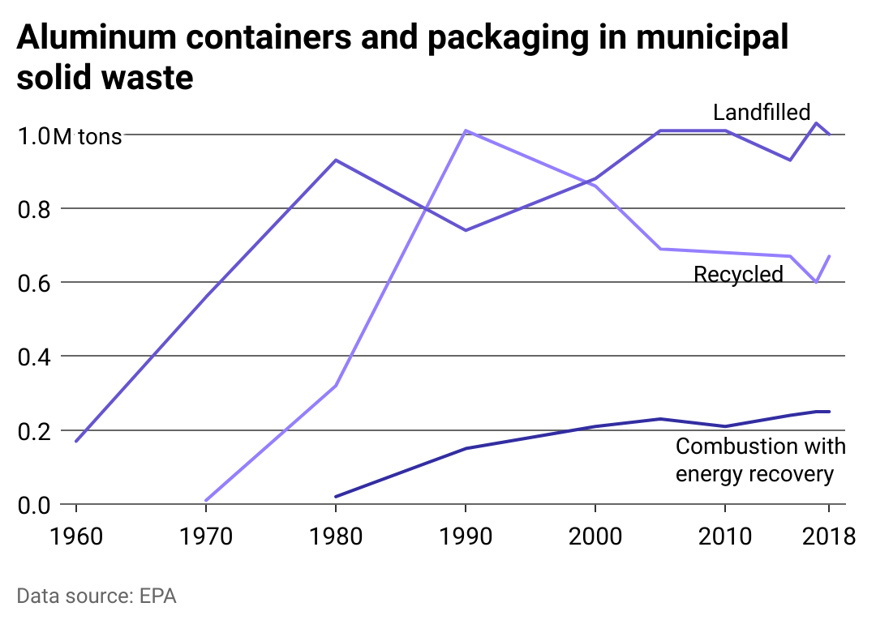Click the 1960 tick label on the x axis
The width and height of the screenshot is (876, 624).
click(x=76, y=536)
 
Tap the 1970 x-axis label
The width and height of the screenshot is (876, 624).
click(x=206, y=536)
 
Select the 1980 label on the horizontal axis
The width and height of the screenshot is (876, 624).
click(x=336, y=536)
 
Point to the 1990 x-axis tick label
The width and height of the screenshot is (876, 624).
click(x=466, y=536)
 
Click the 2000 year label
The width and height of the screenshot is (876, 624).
click(x=595, y=536)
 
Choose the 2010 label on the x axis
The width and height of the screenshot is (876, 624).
click(x=725, y=536)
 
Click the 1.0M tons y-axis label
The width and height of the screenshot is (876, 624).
click(x=70, y=136)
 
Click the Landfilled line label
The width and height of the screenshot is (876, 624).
click(x=762, y=112)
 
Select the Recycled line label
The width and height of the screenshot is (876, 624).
click(x=738, y=275)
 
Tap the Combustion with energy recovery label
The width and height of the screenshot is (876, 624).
click(x=760, y=459)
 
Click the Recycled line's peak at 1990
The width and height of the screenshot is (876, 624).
click(x=466, y=130)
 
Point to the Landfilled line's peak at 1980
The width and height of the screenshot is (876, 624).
click(x=336, y=160)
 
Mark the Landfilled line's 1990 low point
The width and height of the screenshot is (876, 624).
click(x=466, y=230)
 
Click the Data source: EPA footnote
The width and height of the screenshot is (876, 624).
click(x=97, y=596)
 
